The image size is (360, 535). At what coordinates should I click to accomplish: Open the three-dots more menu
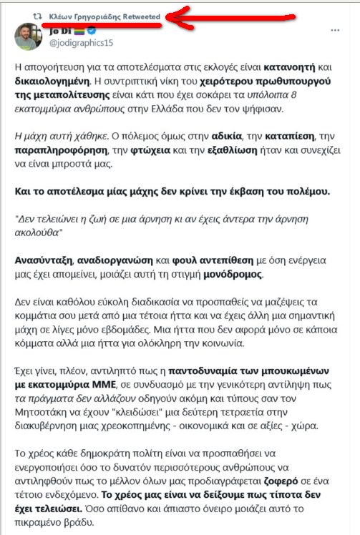pos(335,32)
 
